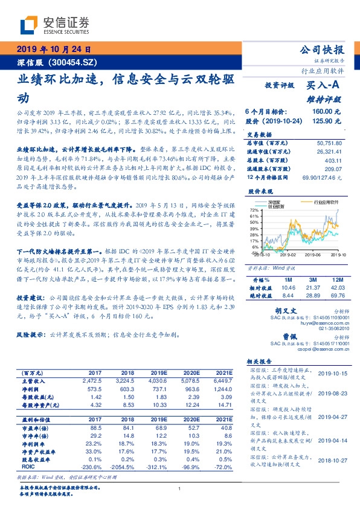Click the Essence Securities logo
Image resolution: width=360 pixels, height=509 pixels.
pyautogui.click(x=54, y=26)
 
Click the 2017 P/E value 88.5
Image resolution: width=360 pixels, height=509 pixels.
pyautogui.click(x=95, y=427)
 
